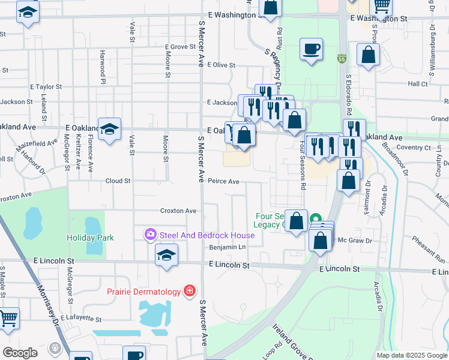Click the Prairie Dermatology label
tap(143, 292)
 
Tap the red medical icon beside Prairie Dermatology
tap(190, 291)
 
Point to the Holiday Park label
tap(90, 238)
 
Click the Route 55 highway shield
tap(342, 59)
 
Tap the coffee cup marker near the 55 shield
tap(311, 49)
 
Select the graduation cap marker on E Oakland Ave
tap(109, 129)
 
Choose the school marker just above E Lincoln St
tap(167, 255)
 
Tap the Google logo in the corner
tap(20, 352)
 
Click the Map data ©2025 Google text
tap(412, 355)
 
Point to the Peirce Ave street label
tap(223, 181)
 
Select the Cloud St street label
tap(118, 181)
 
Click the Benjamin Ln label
tap(228, 247)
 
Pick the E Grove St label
tap(184, 46)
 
